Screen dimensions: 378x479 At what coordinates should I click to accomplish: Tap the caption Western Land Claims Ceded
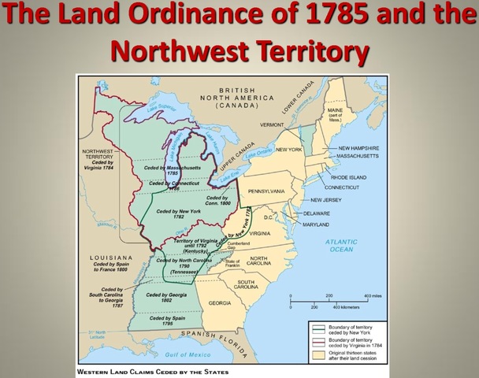tap(154, 370)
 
